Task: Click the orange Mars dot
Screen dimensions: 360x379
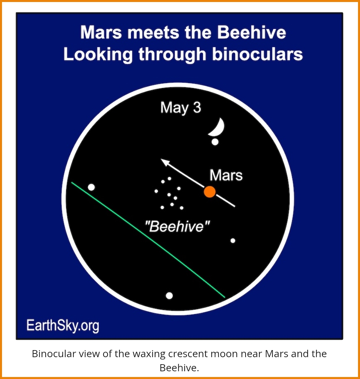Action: (x=210, y=192)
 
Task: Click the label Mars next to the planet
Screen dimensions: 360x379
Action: (x=226, y=175)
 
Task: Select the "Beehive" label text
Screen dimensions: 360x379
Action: (x=177, y=226)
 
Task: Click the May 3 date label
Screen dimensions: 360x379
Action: (x=181, y=108)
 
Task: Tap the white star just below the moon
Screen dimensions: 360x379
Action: (x=215, y=142)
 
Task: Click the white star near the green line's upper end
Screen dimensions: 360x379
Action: (x=91, y=187)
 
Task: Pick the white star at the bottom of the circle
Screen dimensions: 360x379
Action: (x=169, y=296)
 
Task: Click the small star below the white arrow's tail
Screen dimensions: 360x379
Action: (x=233, y=241)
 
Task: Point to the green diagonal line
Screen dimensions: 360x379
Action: (x=148, y=240)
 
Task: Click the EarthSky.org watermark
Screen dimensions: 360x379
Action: (x=63, y=326)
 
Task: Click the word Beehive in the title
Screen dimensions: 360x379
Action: (x=251, y=32)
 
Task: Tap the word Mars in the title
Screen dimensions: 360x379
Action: (x=101, y=32)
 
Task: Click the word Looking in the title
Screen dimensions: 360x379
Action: (x=98, y=54)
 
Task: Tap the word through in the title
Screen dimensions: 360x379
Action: (x=172, y=54)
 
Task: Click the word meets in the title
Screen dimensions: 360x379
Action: (x=153, y=32)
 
